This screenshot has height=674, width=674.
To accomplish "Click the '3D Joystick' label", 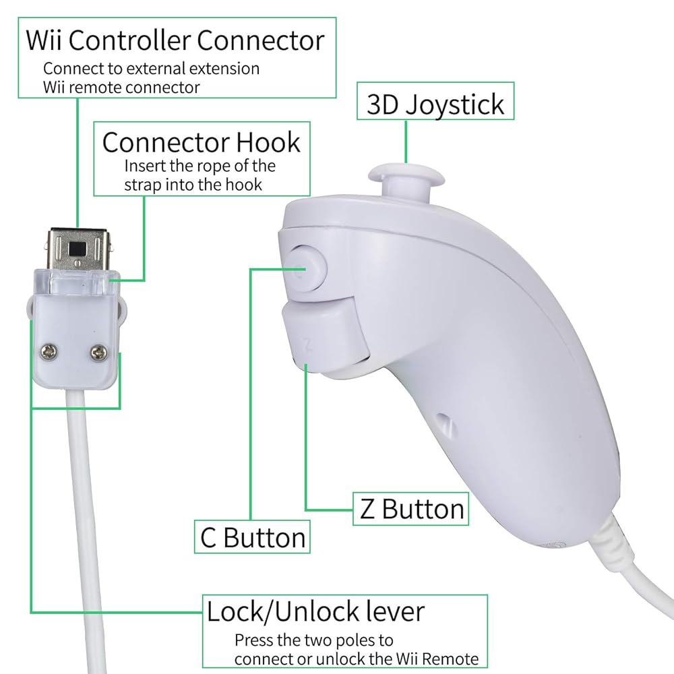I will [435, 104].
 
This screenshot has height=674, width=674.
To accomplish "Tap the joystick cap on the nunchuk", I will [406, 175].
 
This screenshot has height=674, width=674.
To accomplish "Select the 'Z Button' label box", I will [410, 509].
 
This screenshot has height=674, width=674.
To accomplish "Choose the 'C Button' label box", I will [253, 537].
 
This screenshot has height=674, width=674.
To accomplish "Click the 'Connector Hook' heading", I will [202, 142].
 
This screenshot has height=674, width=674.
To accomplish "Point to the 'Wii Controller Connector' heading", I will [175, 40].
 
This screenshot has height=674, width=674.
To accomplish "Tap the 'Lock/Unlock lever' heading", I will [315, 611].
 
